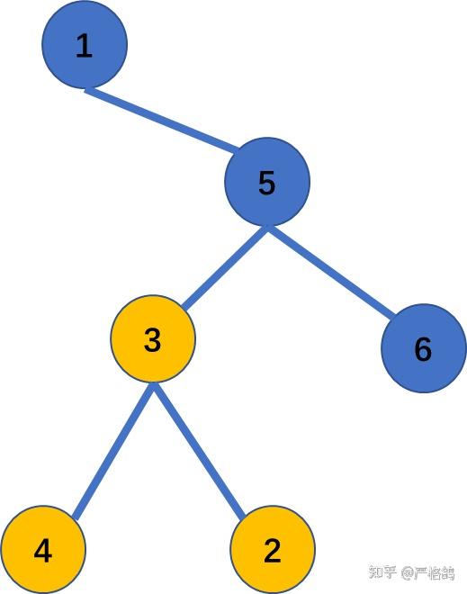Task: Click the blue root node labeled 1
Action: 85,44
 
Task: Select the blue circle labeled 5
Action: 267,182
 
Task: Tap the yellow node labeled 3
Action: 153,339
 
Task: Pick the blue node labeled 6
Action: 424,349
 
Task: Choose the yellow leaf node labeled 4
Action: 42,550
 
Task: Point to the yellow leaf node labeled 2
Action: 273,550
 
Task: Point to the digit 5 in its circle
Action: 267,184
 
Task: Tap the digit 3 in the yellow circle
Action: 153,341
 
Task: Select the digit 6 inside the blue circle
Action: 424,350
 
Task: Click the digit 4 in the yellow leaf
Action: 42,551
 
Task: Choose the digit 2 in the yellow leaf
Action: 273,551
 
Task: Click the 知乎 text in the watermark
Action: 383,573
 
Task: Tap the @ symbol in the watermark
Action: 407,573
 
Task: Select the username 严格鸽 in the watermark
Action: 436,573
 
